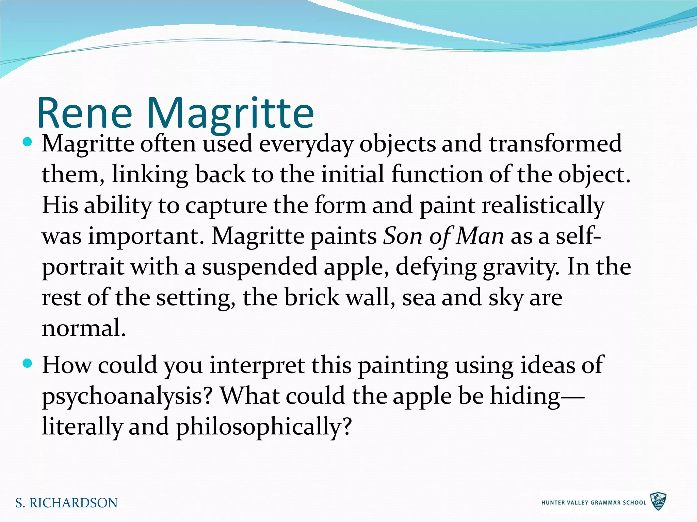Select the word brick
point(312,297)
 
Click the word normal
point(83,328)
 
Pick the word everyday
point(306,144)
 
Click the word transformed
point(555,143)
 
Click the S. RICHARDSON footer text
point(66,503)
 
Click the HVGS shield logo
point(658,502)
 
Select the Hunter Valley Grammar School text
point(594,503)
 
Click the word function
point(437,175)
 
